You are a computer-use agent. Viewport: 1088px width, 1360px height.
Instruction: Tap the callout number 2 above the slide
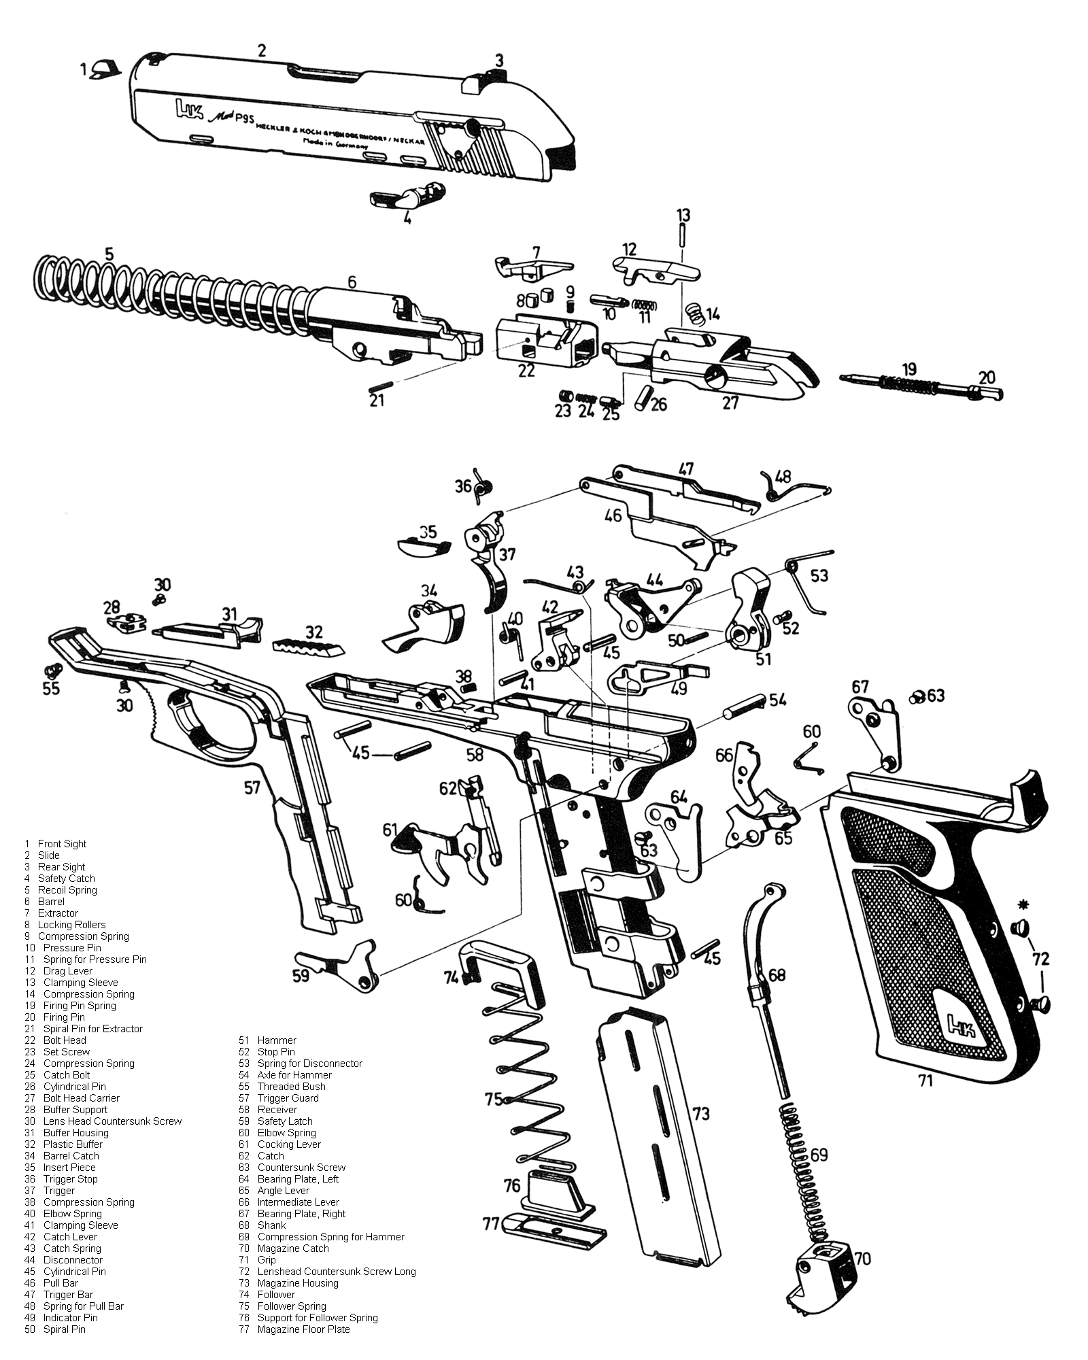pyautogui.click(x=262, y=50)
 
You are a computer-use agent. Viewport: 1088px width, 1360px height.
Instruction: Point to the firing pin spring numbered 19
pyautogui.click(x=908, y=385)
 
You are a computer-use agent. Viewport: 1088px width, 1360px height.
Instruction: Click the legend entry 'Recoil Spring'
pyautogui.click(x=67, y=890)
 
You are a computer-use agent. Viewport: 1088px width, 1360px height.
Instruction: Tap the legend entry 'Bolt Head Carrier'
pyautogui.click(x=81, y=1098)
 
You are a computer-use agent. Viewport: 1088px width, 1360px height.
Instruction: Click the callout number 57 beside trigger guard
pyautogui.click(x=252, y=788)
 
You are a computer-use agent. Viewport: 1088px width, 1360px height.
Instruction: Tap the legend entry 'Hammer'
pyautogui.click(x=277, y=1040)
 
